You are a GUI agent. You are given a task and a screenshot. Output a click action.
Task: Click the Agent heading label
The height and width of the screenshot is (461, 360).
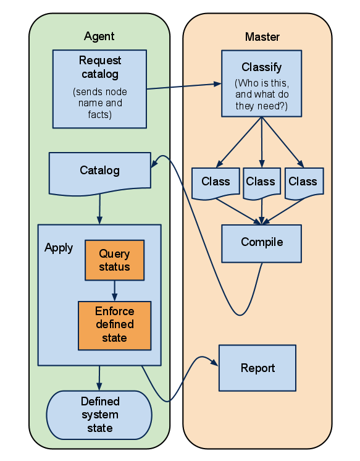pyautogui.click(x=99, y=36)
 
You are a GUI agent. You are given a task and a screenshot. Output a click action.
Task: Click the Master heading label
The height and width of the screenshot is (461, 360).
pyautogui.click(x=262, y=36)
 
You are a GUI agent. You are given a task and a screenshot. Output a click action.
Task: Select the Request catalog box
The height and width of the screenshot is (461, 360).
pyautogui.click(x=99, y=89)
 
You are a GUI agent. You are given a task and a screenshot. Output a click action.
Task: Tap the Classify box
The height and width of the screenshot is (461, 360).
pyautogui.click(x=262, y=83)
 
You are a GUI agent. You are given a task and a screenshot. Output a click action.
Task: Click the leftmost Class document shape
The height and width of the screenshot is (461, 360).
pyautogui.click(x=216, y=184)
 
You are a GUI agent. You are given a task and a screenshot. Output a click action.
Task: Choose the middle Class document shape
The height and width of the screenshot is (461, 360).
pyautogui.click(x=262, y=184)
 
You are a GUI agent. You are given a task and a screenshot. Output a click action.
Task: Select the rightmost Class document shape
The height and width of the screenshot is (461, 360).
pyautogui.click(x=304, y=184)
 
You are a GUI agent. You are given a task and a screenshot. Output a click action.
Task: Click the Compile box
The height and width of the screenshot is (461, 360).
pyautogui.click(x=262, y=243)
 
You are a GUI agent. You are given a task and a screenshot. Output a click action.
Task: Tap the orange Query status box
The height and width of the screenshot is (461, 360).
pyautogui.click(x=115, y=260)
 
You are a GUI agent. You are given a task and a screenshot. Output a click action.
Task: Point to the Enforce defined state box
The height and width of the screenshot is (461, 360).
pyautogui.click(x=115, y=326)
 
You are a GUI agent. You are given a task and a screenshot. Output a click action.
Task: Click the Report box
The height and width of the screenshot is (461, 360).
pyautogui.click(x=257, y=368)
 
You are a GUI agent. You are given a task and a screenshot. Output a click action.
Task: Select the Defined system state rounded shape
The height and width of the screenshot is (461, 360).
pyautogui.click(x=99, y=415)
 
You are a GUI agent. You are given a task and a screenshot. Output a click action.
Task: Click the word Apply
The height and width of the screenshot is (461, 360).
pyautogui.click(x=59, y=248)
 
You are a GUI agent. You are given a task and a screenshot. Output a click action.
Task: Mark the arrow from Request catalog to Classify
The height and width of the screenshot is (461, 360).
pyautogui.click(x=184, y=86)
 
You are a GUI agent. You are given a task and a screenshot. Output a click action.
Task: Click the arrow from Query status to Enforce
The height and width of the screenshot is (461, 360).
pyautogui.click(x=115, y=291)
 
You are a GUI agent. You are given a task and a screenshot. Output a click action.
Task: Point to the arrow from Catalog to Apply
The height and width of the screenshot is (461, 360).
pyautogui.click(x=99, y=209)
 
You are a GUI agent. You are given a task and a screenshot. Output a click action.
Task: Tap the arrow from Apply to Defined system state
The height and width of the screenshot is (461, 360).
pyautogui.click(x=99, y=378)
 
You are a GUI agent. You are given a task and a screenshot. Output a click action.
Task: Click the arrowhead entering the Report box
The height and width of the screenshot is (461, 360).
pyautogui.click(x=215, y=363)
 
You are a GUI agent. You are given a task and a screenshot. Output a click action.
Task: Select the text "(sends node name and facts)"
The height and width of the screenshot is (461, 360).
pyautogui.click(x=100, y=103)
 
